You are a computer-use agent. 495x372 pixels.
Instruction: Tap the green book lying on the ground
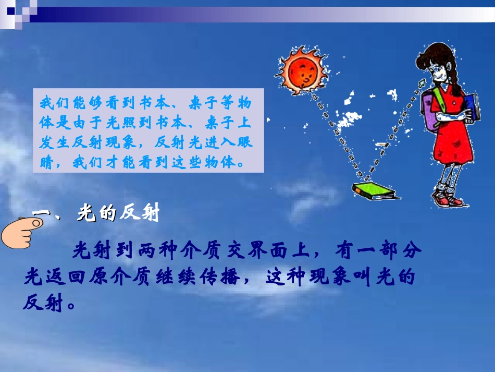[x=374, y=190]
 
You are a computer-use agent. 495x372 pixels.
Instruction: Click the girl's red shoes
[x=449, y=199]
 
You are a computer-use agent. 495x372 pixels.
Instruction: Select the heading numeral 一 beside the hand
[x=40, y=214]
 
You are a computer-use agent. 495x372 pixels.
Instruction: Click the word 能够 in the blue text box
[x=81, y=103]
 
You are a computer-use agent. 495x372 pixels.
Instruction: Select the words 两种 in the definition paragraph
[x=157, y=251]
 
